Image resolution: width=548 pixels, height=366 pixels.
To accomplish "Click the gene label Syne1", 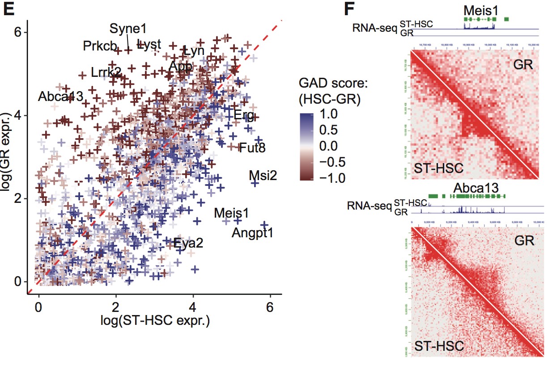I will click(x=128, y=29).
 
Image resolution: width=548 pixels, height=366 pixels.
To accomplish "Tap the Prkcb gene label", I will click(x=100, y=46).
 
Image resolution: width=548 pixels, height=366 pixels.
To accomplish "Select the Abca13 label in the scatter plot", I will click(x=60, y=97).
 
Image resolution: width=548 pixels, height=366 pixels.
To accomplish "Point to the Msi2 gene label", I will click(x=263, y=175).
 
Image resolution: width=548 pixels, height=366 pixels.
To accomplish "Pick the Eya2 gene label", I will click(x=188, y=244).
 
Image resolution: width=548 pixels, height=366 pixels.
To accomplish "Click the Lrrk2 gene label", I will click(x=106, y=72).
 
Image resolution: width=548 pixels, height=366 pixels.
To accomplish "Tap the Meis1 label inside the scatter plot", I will click(x=231, y=213).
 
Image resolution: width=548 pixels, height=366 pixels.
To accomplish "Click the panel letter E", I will click(x=8, y=10).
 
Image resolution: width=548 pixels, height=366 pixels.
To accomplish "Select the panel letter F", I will click(x=351, y=10).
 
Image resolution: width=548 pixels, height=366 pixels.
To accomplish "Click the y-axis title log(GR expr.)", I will click(x=8, y=157).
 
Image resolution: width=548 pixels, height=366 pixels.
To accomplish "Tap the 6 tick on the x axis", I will click(x=269, y=308).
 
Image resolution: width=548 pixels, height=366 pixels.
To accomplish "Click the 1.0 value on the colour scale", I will click(x=329, y=115).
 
